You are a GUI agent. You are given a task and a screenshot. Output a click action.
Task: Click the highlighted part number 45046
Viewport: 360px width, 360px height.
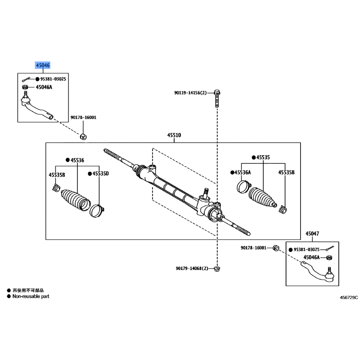point(43,65)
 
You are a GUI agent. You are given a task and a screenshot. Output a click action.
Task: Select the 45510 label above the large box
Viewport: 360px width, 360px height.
point(174,135)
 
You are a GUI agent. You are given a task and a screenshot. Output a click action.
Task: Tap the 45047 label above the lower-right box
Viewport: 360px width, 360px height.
point(312,234)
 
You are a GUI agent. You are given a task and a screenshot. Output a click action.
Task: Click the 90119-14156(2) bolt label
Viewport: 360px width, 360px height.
point(190,93)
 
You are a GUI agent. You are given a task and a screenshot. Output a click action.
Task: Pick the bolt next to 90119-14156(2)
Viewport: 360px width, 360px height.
point(217,99)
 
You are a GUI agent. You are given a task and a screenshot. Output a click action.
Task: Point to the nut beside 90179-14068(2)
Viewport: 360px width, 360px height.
point(217,268)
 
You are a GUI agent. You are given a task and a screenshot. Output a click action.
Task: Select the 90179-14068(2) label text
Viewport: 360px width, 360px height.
point(192,268)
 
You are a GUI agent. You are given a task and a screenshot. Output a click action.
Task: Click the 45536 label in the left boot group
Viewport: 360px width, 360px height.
point(77,160)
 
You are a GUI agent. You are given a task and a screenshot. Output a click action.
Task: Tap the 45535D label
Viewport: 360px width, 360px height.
point(100,174)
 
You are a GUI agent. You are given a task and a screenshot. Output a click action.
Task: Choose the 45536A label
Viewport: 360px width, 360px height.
point(243,172)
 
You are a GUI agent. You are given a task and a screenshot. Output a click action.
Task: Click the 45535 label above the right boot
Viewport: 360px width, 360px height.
point(263,157)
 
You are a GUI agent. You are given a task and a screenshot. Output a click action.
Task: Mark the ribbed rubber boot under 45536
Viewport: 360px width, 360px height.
point(76,199)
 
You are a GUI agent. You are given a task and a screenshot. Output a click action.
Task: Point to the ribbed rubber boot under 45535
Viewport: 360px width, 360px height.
point(262,198)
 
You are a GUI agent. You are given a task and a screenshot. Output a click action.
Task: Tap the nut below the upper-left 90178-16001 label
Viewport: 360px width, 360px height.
point(83,137)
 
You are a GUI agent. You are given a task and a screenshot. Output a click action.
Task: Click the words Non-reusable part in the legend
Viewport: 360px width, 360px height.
point(31,297)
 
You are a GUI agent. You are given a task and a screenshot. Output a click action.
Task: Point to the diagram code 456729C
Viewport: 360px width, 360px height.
point(349,297)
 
